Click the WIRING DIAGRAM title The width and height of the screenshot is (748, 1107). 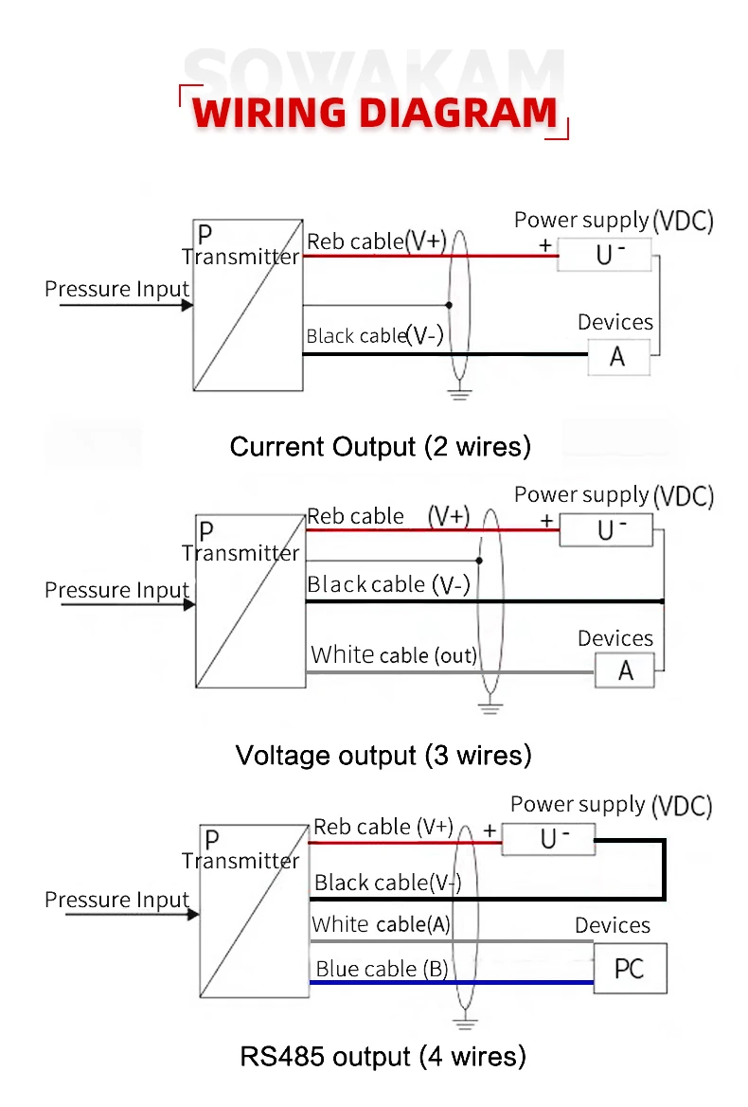[375, 113]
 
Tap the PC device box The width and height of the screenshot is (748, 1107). [630, 969]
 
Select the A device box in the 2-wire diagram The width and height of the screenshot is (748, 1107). [618, 357]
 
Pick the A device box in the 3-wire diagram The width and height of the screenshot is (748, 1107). [626, 670]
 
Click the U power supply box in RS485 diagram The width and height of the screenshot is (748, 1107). [549, 838]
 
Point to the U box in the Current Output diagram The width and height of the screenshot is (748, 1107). [605, 254]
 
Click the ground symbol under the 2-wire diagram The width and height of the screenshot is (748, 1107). [459, 392]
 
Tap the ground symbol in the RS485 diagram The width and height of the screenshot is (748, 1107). [463, 1022]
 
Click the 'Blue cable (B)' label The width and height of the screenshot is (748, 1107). [382, 969]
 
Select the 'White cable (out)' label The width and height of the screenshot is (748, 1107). [394, 654]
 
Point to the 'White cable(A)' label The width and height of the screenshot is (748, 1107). [381, 924]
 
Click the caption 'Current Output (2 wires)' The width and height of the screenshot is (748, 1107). [380, 446]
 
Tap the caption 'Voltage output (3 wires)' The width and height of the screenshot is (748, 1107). [383, 755]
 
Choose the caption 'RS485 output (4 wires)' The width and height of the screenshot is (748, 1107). [383, 1056]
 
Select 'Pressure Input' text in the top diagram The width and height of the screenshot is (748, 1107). [116, 289]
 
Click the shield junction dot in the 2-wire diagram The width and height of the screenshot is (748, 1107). [449, 305]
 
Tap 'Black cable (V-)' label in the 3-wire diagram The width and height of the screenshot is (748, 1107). [388, 585]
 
